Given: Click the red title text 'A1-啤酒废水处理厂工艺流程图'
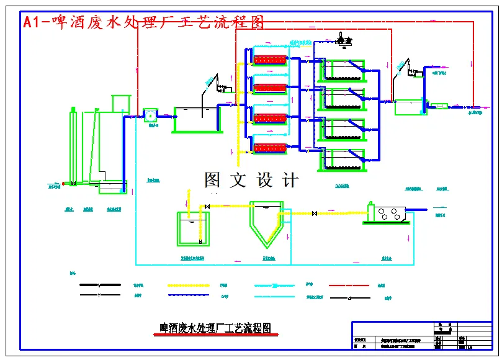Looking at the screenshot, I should pos(143,22).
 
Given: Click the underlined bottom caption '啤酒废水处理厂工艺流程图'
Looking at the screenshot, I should pos(215,328).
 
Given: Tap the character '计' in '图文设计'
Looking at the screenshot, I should pos(290,180).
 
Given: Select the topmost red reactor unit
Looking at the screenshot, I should pos(271,60).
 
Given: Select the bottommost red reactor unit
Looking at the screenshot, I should pos(271,148).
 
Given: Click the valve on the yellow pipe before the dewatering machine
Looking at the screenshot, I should pos(315,214).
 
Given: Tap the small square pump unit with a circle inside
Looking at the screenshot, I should pos(150,115).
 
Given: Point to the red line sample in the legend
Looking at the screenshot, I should pos(350,286).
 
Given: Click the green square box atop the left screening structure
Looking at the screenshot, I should pos(120,104).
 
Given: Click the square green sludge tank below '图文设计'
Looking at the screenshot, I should pos(194,229).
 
